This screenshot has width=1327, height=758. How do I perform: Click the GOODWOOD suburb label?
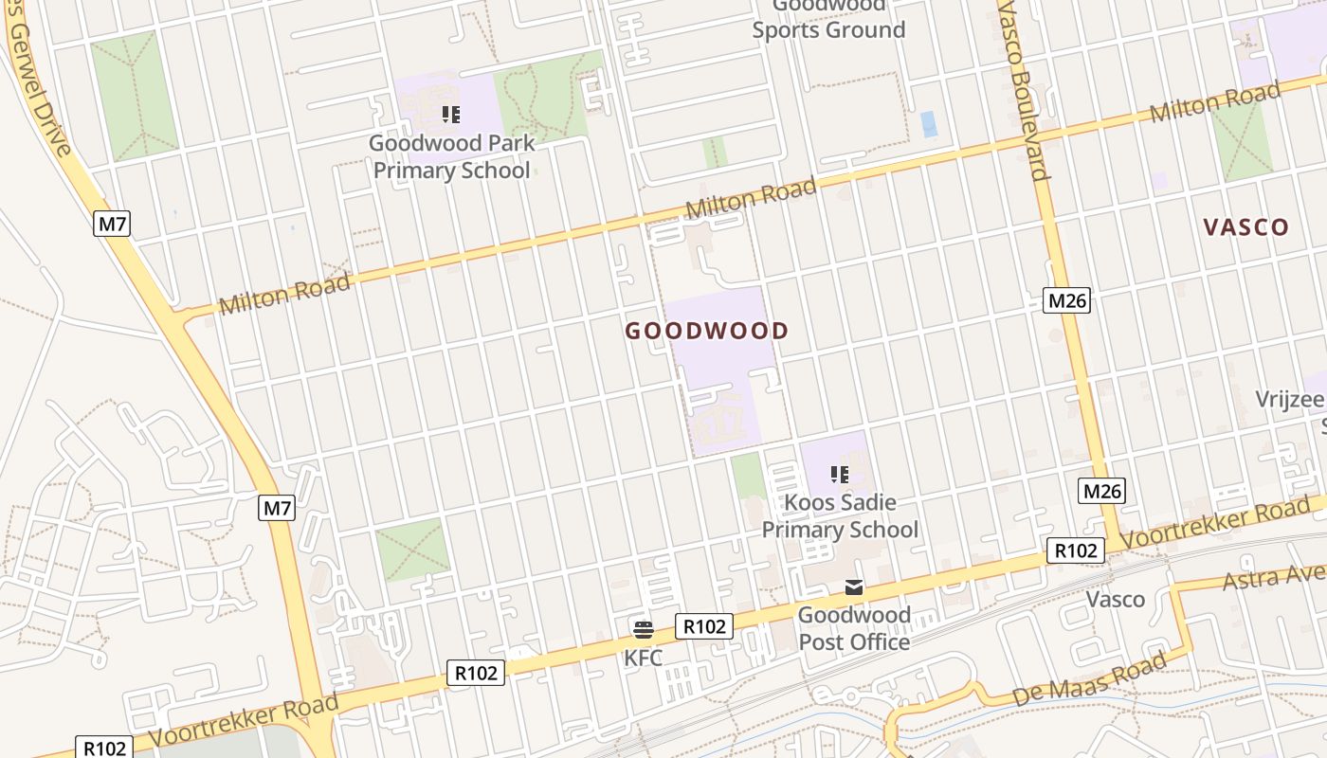pos(706,331)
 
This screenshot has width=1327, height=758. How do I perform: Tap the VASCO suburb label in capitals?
pos(1245,227)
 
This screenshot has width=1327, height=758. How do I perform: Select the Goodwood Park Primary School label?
pos(452,157)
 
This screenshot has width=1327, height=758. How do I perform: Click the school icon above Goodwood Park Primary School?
pos(451,116)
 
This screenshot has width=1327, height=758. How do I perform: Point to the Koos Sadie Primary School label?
pos(840,515)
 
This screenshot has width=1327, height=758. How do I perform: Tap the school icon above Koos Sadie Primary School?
pos(839,474)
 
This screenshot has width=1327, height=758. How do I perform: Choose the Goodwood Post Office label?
pos(854,628)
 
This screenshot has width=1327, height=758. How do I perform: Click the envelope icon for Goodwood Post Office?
pos(854,587)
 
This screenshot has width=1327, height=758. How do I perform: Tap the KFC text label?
pos(643,658)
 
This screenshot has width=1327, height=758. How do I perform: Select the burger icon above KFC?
pos(644,630)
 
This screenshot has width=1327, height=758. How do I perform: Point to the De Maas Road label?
pos(1088,680)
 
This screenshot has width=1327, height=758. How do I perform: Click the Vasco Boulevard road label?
pos(1021,90)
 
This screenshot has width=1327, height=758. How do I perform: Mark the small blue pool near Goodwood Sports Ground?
pos(928,124)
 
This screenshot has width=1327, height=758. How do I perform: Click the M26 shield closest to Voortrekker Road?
pos(1101,491)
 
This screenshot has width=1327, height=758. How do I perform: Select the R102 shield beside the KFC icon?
pos(704,625)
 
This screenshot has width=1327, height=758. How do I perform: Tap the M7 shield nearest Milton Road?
pos(112,224)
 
